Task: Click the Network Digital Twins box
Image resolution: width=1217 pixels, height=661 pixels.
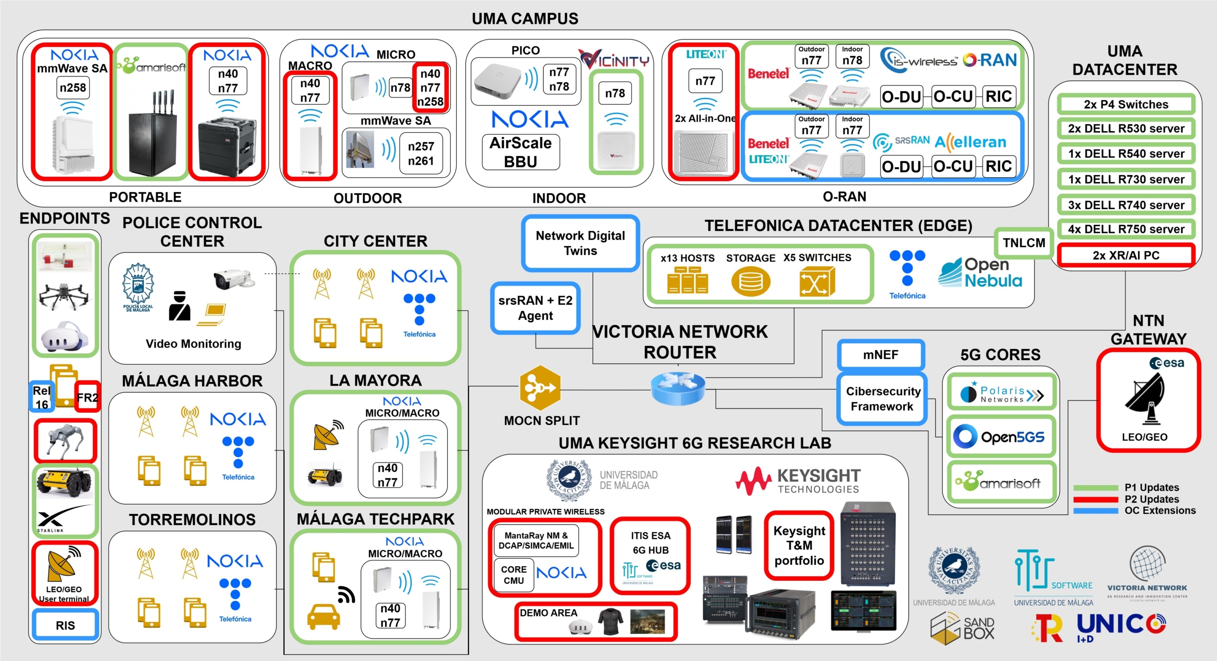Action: pos(580,243)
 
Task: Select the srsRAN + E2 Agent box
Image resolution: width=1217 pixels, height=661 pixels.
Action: pos(535,308)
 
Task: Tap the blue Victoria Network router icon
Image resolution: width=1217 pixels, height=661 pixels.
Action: pos(677,388)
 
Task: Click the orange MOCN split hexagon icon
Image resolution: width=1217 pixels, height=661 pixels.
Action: pos(540,388)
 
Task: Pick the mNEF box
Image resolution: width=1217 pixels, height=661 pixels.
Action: pos(880,355)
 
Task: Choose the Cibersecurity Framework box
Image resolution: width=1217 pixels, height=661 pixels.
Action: pos(882,399)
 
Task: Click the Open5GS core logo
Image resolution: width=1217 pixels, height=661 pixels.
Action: pos(1001,437)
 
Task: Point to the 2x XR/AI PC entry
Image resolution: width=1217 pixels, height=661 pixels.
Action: pos(1126,255)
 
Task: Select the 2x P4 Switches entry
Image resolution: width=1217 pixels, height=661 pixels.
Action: pos(1126,105)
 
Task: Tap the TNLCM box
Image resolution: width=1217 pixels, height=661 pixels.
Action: pos(1024,243)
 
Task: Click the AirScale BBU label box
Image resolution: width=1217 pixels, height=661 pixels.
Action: pos(521,152)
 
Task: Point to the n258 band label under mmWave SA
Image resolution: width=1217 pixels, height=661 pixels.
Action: pos(73,88)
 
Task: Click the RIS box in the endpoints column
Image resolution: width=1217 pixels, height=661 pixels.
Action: pos(65,625)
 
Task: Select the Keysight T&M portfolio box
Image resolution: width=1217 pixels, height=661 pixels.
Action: pos(799,545)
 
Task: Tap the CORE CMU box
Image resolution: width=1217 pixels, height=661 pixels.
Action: pos(513,575)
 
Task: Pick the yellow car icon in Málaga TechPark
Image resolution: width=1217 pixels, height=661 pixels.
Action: pos(323,616)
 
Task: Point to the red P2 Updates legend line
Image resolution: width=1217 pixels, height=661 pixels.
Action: pos(1095,499)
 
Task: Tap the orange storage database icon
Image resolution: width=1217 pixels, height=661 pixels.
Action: pos(750,282)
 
